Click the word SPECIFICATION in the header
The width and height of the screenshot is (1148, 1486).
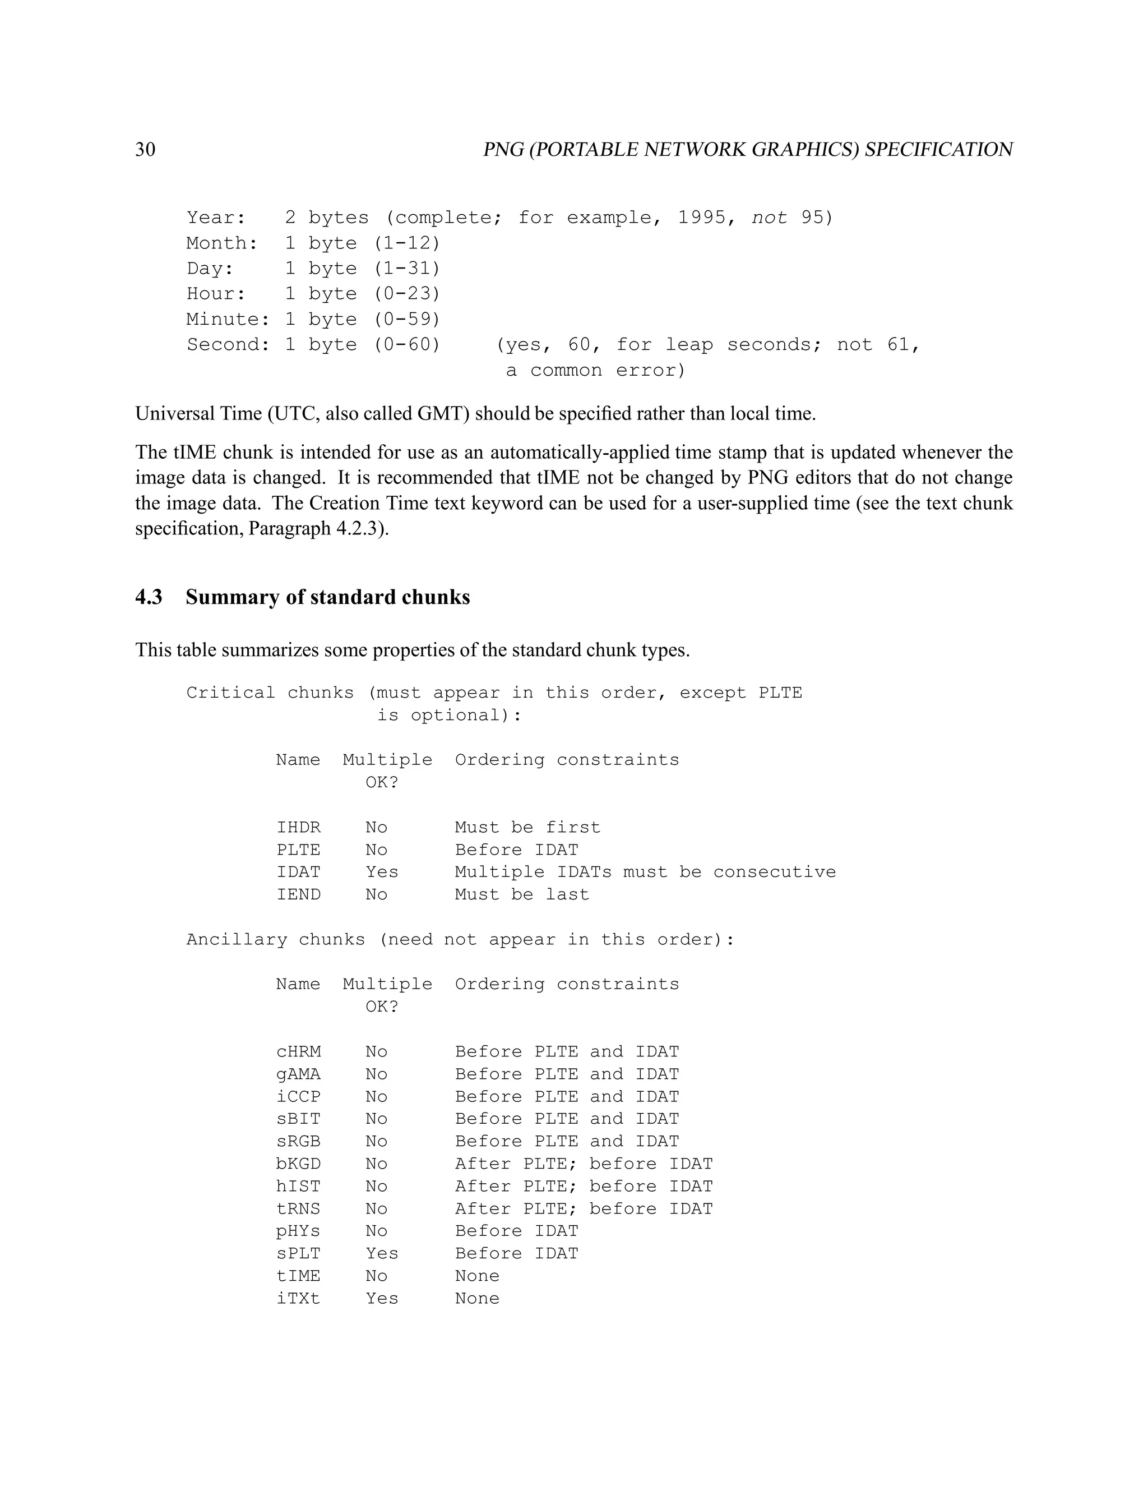tap(938, 150)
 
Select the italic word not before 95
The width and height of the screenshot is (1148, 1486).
tap(769, 218)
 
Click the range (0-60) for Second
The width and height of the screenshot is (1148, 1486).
tap(408, 345)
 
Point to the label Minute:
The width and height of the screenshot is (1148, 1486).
tap(228, 319)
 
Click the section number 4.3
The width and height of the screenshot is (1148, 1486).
tap(149, 597)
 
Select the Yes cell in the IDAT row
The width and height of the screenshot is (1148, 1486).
tap(382, 873)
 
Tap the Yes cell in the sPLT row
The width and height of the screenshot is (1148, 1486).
tap(382, 1254)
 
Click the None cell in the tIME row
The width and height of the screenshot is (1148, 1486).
tap(477, 1276)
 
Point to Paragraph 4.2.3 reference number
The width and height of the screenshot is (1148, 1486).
tap(360, 529)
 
